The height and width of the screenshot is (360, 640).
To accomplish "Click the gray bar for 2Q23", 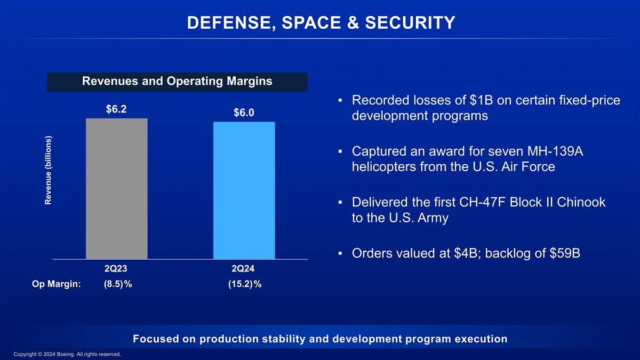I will click(x=116, y=188).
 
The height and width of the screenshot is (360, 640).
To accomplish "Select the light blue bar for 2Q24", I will click(x=244, y=190).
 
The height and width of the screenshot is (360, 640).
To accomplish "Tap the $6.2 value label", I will click(x=116, y=109).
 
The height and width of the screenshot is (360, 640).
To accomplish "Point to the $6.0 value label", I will click(x=244, y=113).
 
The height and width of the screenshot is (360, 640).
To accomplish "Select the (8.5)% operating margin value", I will click(x=118, y=284).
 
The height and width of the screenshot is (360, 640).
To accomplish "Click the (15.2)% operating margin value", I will click(x=245, y=284).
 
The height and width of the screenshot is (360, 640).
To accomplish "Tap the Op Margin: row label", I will click(x=56, y=284).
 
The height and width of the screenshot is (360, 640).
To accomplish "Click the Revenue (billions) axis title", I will click(x=49, y=170).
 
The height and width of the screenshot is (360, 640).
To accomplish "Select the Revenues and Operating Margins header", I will click(x=177, y=82).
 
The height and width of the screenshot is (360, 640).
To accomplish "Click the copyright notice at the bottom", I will click(x=67, y=354).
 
